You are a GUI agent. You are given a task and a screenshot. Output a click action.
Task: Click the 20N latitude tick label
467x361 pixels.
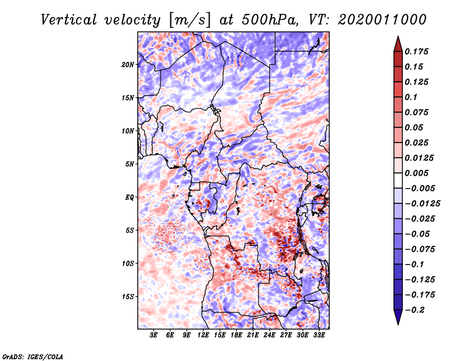(x=128, y=64)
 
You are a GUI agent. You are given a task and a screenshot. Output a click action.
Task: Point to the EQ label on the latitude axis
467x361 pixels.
(x=129, y=197)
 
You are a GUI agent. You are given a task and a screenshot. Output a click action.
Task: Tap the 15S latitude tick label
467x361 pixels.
(x=128, y=297)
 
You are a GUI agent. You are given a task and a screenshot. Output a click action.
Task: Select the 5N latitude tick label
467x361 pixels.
(x=130, y=164)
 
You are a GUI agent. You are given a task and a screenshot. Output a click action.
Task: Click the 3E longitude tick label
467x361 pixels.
(x=154, y=335)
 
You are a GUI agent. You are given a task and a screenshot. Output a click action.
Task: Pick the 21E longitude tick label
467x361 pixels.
(x=253, y=335)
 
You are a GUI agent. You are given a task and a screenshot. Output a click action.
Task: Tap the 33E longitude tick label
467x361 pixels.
(x=319, y=335)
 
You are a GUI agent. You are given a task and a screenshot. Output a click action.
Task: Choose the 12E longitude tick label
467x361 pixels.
(x=204, y=335)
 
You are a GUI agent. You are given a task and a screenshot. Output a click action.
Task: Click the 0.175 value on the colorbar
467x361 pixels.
(x=417, y=51)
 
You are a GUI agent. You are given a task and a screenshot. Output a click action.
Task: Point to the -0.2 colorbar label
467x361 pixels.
(x=414, y=310)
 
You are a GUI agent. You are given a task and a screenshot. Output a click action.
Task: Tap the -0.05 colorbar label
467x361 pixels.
(x=417, y=234)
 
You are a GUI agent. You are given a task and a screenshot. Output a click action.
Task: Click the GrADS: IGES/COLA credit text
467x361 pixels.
(x=32, y=356)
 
